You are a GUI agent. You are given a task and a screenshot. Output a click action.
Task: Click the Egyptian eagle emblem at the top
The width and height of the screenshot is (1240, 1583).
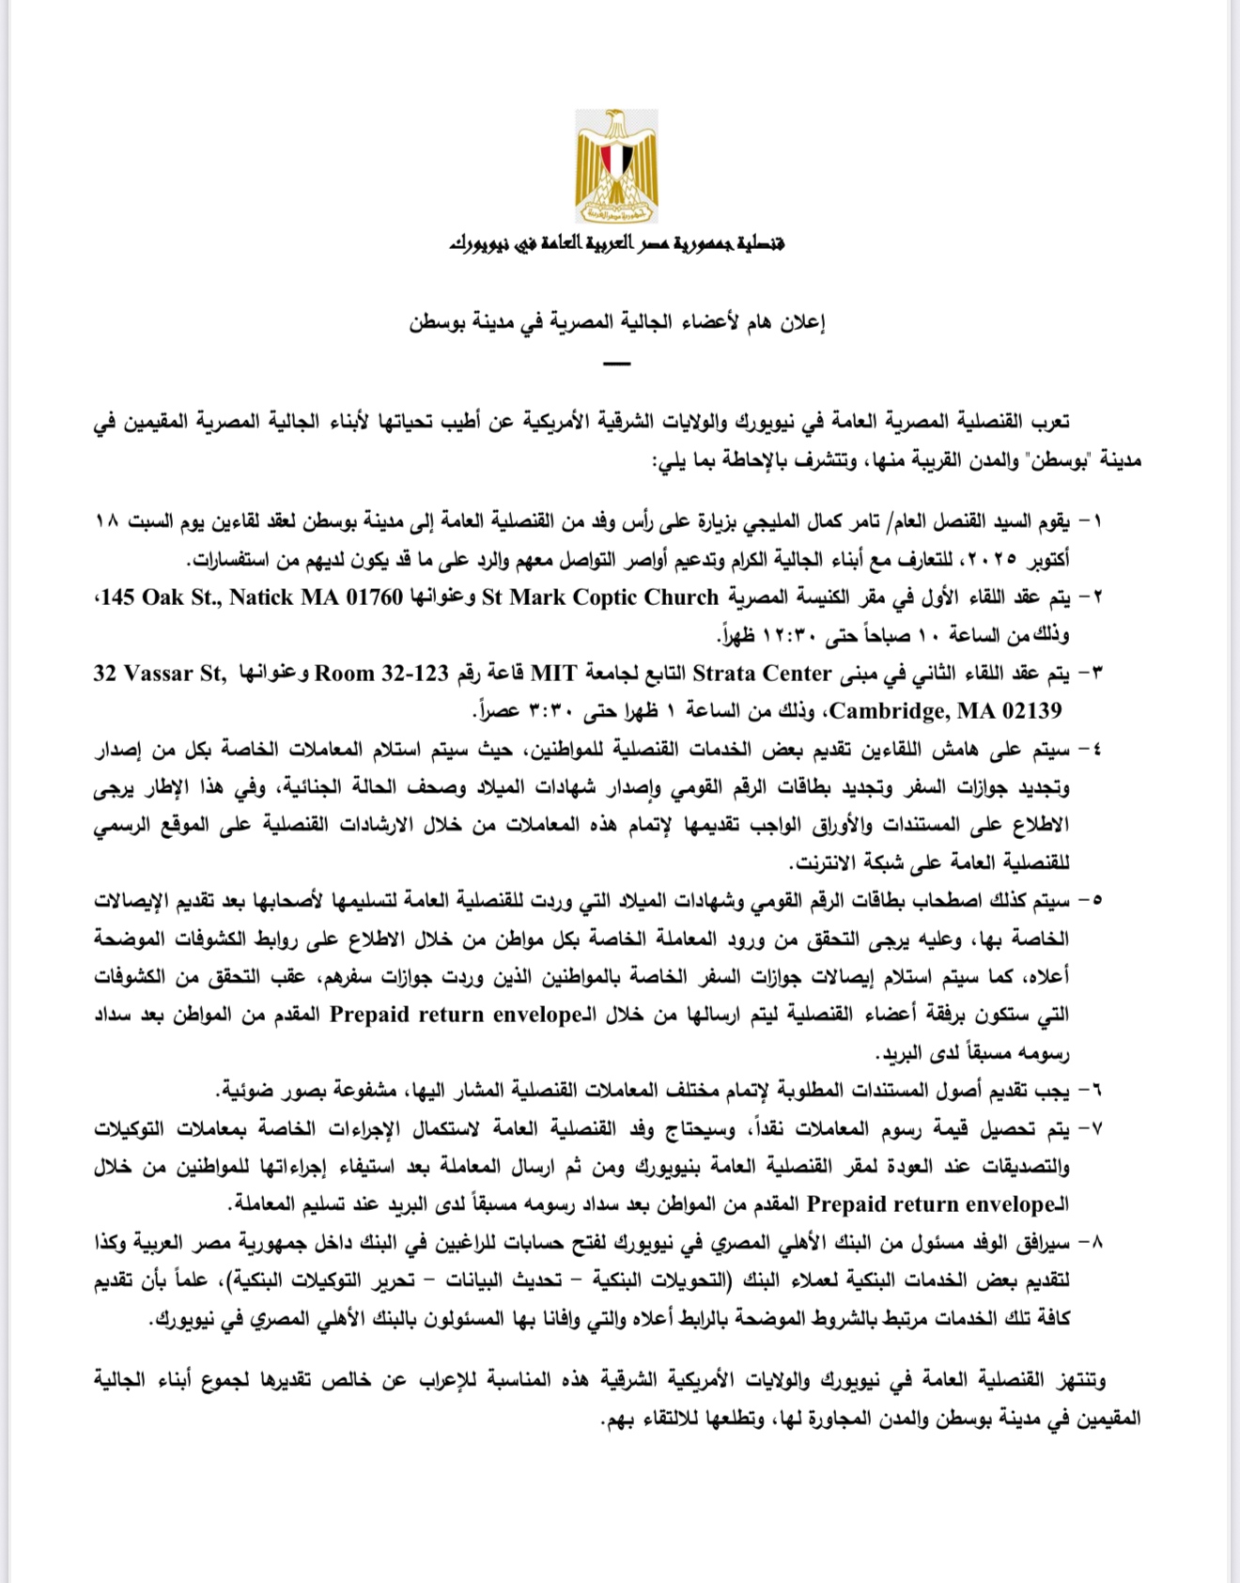[616, 166]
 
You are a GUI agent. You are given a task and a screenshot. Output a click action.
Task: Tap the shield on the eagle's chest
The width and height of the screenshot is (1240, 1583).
[616, 156]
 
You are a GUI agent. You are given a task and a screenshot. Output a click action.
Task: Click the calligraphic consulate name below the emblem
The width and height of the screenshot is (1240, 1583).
[616, 244]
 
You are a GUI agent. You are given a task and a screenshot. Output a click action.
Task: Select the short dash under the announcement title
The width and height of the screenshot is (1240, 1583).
[616, 363]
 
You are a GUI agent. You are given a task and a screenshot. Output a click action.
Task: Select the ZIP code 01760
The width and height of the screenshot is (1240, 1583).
[375, 598]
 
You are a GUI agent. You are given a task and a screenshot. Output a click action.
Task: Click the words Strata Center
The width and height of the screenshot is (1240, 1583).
[762, 674]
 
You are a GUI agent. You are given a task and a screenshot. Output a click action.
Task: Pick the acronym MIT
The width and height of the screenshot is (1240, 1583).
[554, 674]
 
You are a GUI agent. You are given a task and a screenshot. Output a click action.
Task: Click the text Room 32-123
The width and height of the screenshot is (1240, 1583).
[381, 674]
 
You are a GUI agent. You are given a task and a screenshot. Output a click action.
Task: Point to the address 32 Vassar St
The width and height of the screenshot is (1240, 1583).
[159, 674]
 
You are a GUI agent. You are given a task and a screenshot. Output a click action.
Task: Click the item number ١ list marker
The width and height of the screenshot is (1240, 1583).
[1093, 521]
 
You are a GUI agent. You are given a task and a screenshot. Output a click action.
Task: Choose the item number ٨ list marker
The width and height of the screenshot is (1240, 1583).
[1093, 1243]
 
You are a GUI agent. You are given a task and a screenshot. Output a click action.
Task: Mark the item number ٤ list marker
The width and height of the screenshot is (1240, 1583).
[1093, 750]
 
